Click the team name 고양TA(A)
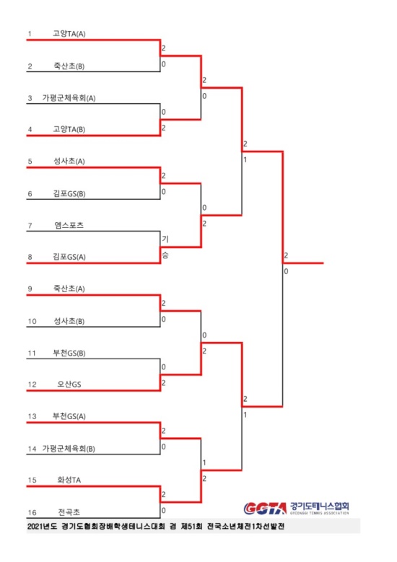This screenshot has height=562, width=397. click(x=69, y=34)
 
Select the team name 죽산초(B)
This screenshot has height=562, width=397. click(x=69, y=66)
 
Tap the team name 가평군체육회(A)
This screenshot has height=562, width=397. click(x=69, y=98)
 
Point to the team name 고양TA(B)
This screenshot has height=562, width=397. click(x=69, y=129)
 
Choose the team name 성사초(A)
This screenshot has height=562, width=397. click(x=69, y=162)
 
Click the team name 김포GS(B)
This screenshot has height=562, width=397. click(x=69, y=193)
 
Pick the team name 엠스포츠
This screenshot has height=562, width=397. click(x=69, y=225)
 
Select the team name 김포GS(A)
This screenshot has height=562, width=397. click(x=69, y=257)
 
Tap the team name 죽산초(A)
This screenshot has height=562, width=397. click(x=69, y=289)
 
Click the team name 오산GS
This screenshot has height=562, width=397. click(x=69, y=385)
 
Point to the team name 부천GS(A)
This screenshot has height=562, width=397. click(x=69, y=416)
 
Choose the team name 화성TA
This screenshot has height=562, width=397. click(x=69, y=480)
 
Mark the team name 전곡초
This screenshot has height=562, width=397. click(x=69, y=512)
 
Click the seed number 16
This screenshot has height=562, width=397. click(x=32, y=512)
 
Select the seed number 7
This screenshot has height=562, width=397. click(x=30, y=226)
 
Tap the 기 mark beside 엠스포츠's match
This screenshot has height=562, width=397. click(x=165, y=239)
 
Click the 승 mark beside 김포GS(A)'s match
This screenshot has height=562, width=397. click(x=165, y=255)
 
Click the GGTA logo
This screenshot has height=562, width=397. click(x=265, y=508)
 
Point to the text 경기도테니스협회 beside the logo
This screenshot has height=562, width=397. click(x=319, y=506)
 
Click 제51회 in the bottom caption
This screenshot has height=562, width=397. click(x=191, y=526)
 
